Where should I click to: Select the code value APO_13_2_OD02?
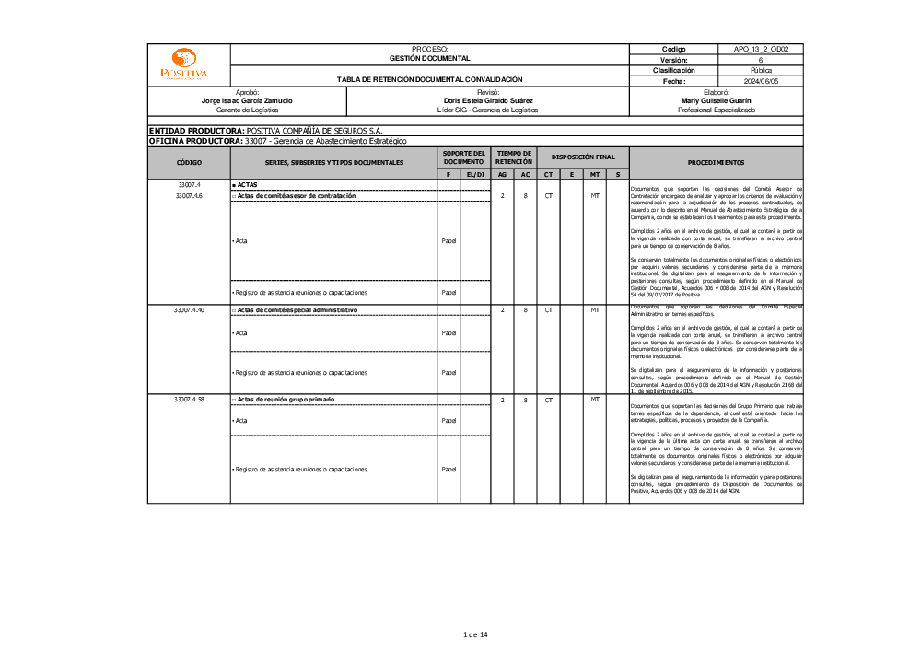[x=761, y=49]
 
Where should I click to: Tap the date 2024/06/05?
[x=761, y=81]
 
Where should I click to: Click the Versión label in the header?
[x=673, y=60]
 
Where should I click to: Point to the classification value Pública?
[x=761, y=70]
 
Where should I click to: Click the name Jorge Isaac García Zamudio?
[x=247, y=100]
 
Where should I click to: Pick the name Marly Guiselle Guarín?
[x=716, y=100]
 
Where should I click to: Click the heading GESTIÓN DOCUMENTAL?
[x=429, y=58]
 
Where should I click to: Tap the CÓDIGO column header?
[x=189, y=162]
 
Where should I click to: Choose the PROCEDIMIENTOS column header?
[x=716, y=162]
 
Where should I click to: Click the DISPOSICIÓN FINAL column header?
[x=583, y=157]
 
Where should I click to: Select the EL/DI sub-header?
[x=475, y=174]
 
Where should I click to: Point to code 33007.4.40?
[x=189, y=310]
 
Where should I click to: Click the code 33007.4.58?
[x=189, y=400]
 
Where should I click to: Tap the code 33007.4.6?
[x=189, y=196]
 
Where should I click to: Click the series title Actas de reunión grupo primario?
[x=286, y=400]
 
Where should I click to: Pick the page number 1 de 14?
[x=474, y=634]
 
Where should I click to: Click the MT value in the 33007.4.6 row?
[x=595, y=196]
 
